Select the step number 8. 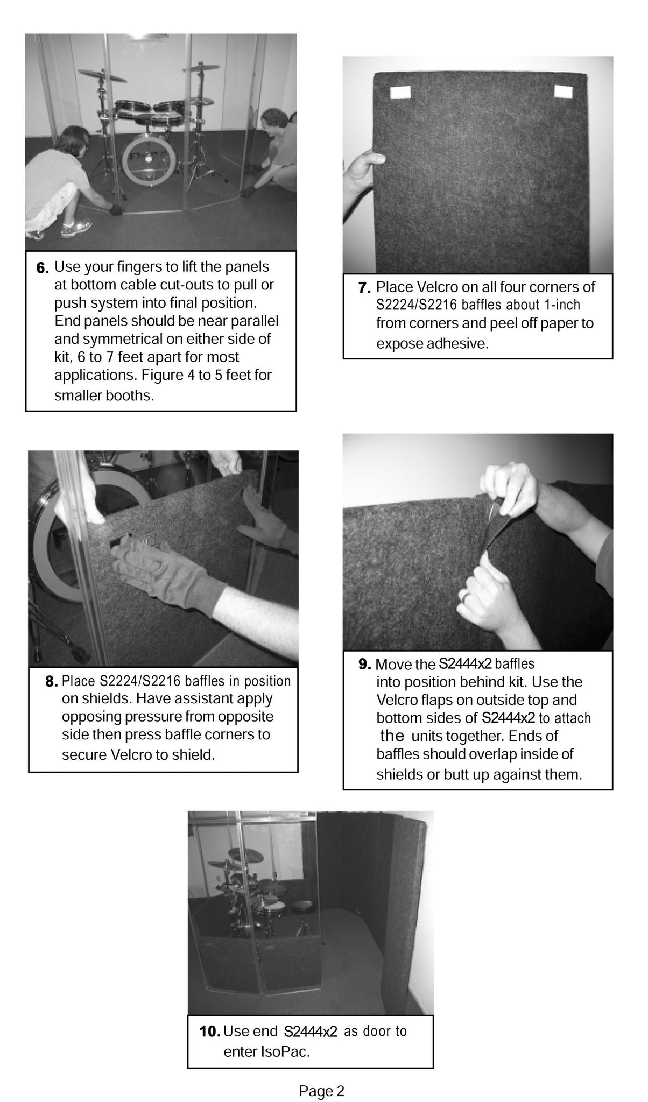tap(52, 683)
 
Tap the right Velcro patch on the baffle tap(562, 91)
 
